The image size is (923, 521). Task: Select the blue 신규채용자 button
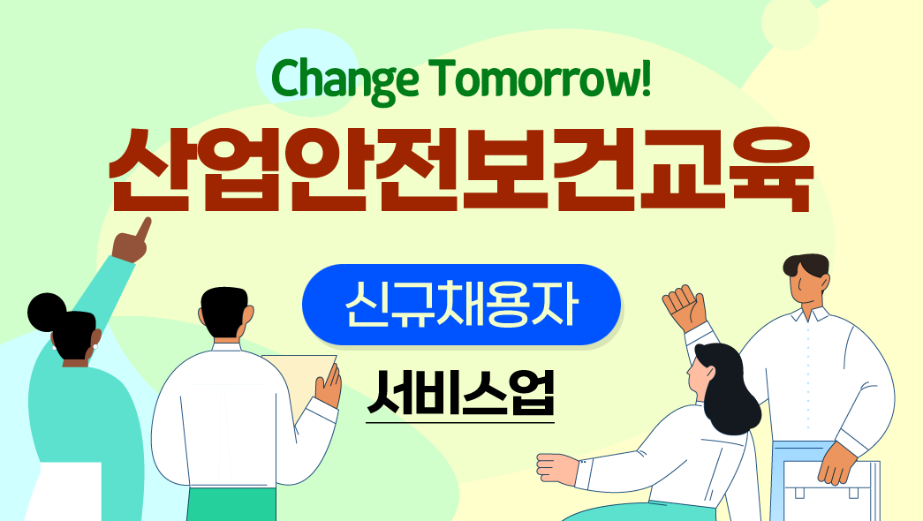coord(461,305)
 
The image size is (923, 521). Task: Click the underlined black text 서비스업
coord(460,392)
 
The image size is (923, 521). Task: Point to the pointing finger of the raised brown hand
coord(143,229)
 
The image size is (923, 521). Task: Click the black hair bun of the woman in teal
coord(47,312)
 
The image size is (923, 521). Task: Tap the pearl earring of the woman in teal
coord(95,347)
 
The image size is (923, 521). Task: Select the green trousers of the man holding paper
coord(231,504)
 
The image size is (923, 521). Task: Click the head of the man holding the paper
coord(224,313)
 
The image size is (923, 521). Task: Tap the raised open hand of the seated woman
coord(685,307)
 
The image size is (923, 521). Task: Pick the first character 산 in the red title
coord(149,170)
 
